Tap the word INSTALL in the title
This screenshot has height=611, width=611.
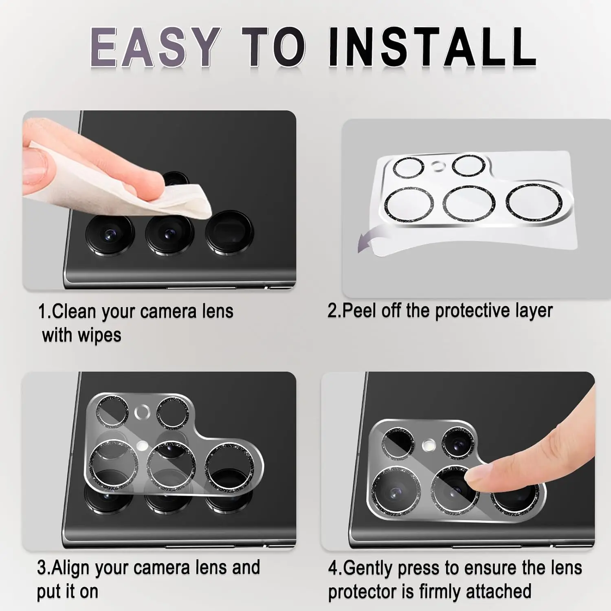tap(432, 46)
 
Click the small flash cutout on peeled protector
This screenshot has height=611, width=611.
tap(438, 166)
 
